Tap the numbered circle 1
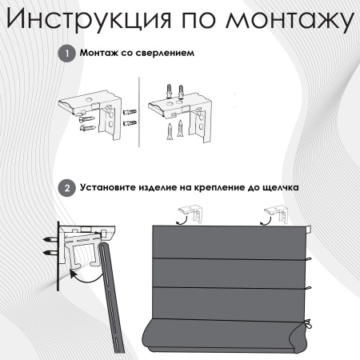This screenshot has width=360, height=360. point(66,54)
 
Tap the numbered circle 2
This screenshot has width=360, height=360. point(66,188)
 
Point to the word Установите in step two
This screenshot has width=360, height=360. point(107,187)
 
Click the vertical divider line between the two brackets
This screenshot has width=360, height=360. point(139,112)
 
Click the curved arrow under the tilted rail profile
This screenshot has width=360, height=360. point(86,278)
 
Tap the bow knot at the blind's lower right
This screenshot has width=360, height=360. point(309,325)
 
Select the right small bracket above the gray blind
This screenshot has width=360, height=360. point(276,214)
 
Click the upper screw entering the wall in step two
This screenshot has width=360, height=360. point(50,239)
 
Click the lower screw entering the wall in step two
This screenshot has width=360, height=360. point(50,252)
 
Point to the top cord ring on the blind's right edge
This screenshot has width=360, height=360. point(309,258)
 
